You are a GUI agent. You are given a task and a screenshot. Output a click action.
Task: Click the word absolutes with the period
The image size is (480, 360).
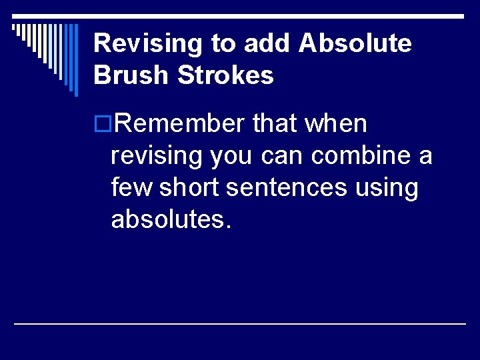[171, 220]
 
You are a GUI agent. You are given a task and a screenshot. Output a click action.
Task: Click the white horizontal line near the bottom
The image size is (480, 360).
[240, 323]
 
